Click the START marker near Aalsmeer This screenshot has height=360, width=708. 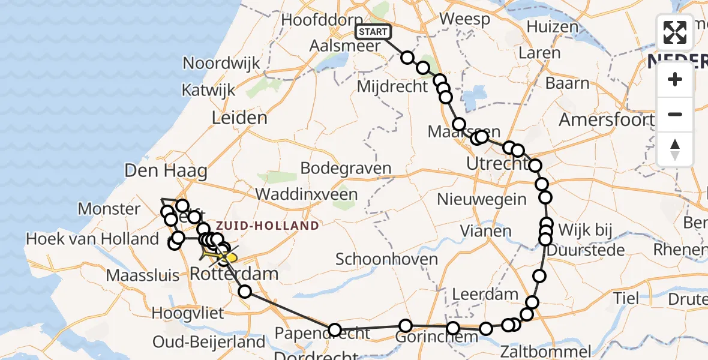(x=373, y=32)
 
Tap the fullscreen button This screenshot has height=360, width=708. (x=675, y=32)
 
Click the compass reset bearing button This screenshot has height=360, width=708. (x=675, y=149)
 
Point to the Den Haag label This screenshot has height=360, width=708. (x=166, y=171)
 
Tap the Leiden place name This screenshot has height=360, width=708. (x=239, y=118)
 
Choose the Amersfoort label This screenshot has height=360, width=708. (x=606, y=119)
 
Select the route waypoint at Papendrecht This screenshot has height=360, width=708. (x=335, y=330)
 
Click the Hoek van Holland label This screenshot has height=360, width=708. (x=92, y=239)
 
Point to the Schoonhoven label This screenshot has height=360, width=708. (x=386, y=259)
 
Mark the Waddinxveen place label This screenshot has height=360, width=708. (x=306, y=194)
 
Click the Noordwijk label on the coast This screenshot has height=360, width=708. (x=221, y=63)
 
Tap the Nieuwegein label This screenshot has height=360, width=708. (x=482, y=199)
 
